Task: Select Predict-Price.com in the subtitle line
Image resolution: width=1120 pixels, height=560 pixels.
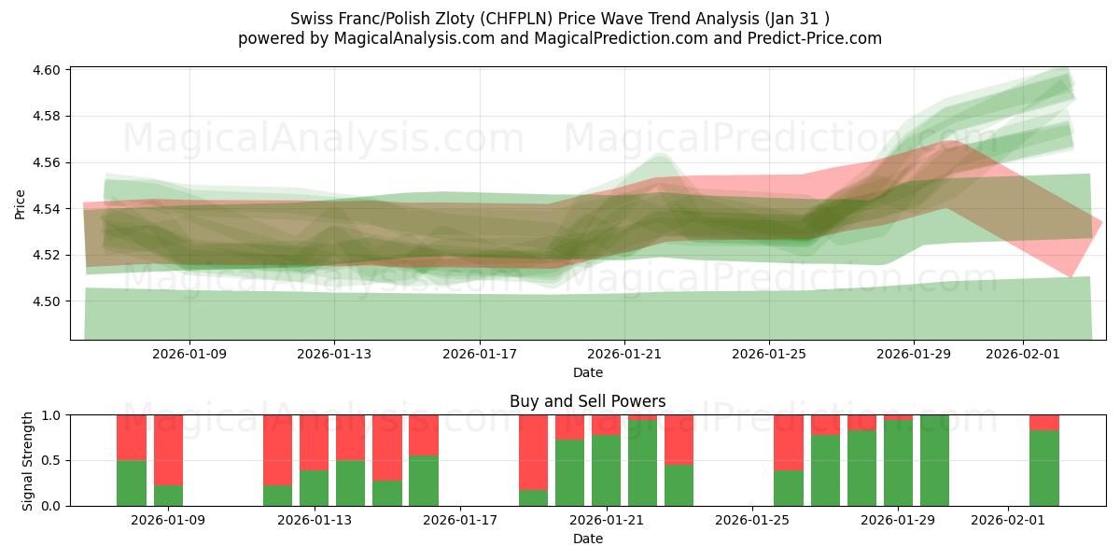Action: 810,38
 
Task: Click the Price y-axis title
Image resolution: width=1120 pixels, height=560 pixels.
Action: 21,203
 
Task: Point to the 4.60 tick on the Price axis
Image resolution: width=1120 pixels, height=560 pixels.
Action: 47,70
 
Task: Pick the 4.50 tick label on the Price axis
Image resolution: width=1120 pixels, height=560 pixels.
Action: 47,301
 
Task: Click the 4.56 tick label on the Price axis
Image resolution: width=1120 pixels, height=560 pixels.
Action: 47,162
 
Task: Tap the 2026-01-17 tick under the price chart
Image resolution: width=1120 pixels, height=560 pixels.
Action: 479,355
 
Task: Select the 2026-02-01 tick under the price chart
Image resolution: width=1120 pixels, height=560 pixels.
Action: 1023,355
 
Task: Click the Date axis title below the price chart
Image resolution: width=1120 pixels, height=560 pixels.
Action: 588,372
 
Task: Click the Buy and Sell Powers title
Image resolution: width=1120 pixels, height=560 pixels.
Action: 588,401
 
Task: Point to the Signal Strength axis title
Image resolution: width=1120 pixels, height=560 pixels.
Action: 28,460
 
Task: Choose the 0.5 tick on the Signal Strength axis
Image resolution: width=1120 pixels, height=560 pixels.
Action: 52,461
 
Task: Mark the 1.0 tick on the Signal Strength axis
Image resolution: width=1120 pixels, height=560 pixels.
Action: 52,415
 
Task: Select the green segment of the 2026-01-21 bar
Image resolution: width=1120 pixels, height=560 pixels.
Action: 606,470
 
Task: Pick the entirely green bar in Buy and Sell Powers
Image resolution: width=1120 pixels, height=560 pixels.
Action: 934,460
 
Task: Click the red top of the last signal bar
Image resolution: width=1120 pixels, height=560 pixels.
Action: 1043,422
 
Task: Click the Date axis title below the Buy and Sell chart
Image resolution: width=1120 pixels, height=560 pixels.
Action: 588,539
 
